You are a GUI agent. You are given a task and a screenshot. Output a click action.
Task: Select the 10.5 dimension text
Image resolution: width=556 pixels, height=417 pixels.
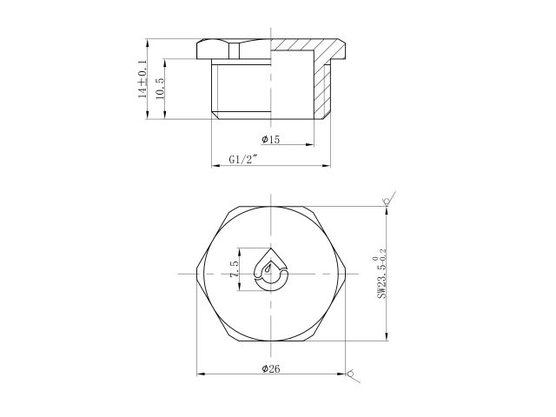coord(160,89)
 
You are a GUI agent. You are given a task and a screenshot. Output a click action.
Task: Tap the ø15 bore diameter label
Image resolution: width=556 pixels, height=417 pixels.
coord(270,140)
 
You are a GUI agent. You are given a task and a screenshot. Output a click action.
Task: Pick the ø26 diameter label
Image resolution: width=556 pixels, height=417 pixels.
coord(270,369)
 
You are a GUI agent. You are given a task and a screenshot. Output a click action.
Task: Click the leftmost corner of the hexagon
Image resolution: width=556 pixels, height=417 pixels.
coord(197,274)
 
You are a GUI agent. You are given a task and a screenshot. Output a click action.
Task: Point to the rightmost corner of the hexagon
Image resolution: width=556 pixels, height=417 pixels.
coord(346,274)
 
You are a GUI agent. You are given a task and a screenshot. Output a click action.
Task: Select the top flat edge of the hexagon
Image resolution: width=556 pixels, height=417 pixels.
coord(271,206)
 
